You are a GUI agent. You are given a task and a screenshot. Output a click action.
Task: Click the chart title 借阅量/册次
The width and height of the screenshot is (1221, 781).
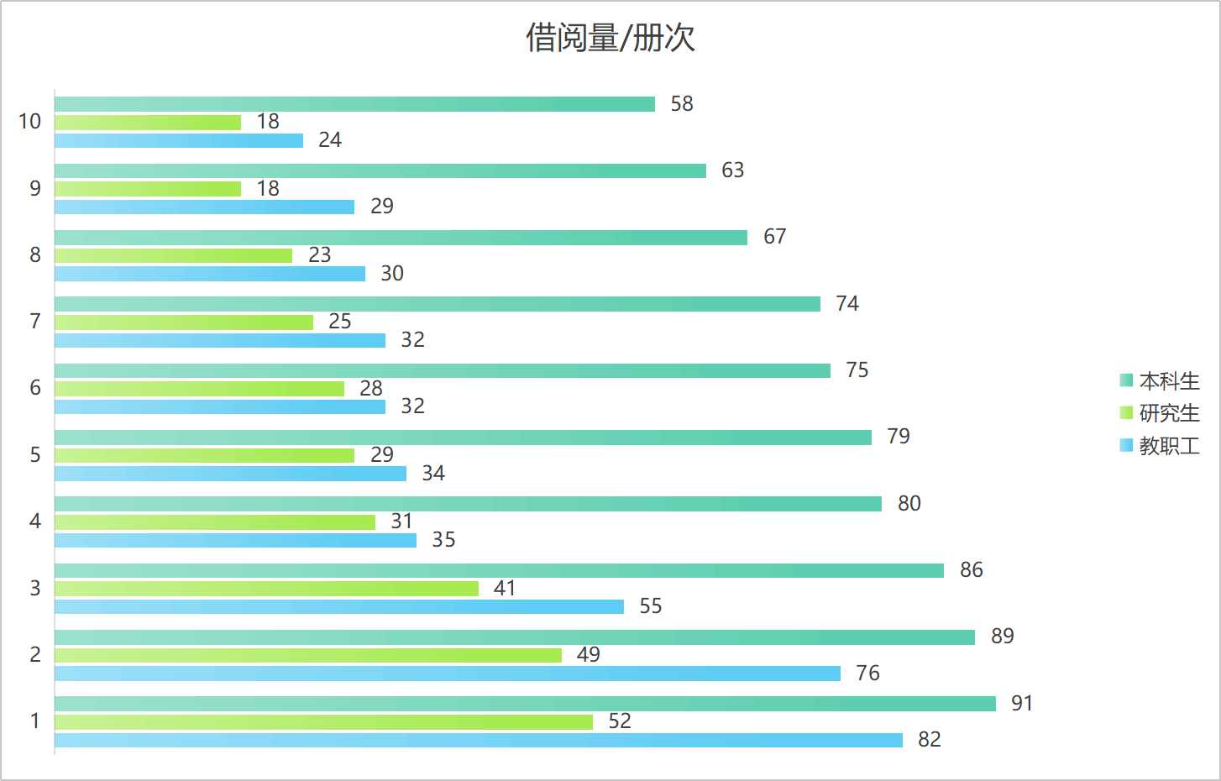pyautogui.click(x=610, y=38)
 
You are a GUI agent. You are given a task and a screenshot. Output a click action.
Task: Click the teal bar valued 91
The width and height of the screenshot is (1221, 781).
pyautogui.click(x=525, y=704)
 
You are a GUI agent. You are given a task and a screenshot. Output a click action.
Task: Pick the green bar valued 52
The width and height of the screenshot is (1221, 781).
pyautogui.click(x=323, y=722)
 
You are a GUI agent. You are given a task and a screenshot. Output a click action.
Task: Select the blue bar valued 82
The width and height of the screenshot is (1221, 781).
pyautogui.click(x=479, y=740)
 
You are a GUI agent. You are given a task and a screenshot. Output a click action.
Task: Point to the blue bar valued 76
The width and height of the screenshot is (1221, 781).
pyautogui.click(x=448, y=674)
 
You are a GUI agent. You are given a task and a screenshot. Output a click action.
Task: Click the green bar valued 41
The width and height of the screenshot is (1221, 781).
pyautogui.click(x=266, y=589)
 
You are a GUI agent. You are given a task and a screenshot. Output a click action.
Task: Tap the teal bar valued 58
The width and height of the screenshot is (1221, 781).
pyautogui.click(x=354, y=104)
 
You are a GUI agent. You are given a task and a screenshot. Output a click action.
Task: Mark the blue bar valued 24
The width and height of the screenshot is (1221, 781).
pyautogui.click(x=179, y=140)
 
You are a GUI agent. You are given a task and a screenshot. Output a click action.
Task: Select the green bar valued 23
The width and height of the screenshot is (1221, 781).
pyautogui.click(x=173, y=255)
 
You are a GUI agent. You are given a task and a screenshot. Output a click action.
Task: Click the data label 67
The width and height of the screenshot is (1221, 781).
pyautogui.click(x=774, y=237)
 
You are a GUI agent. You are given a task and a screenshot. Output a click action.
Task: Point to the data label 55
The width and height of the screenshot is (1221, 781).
pyautogui.click(x=651, y=606)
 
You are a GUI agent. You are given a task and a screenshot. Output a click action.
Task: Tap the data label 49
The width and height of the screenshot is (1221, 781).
pyautogui.click(x=588, y=655)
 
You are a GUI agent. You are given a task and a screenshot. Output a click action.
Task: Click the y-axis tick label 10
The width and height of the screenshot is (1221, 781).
pyautogui.click(x=29, y=122)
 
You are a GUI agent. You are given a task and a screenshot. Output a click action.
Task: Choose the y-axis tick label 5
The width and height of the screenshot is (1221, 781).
pyautogui.click(x=35, y=455)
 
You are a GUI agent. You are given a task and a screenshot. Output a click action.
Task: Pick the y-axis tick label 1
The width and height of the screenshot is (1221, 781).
pyautogui.click(x=35, y=721)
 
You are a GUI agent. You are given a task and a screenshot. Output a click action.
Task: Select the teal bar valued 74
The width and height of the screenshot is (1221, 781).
pyautogui.click(x=437, y=304)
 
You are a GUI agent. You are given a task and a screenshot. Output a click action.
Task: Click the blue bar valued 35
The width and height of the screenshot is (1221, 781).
pyautogui.click(x=235, y=540)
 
